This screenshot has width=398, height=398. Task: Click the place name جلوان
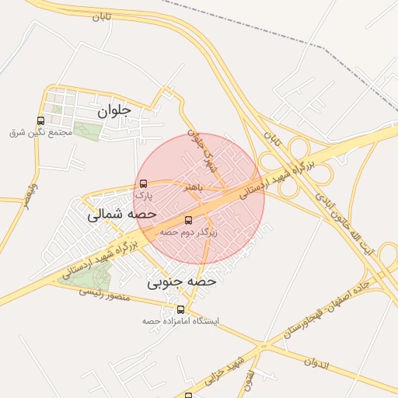(115, 112)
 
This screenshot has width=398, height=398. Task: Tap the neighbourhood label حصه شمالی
(122, 213)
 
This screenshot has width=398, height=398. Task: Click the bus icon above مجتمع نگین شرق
(40, 120)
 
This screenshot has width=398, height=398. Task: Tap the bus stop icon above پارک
(142, 184)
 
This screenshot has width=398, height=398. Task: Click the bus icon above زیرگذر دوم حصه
(188, 220)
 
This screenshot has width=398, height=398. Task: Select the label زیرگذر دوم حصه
(189, 232)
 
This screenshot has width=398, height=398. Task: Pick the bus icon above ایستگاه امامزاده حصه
(181, 309)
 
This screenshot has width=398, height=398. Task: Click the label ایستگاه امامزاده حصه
(181, 321)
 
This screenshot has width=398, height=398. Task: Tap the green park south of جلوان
(87, 132)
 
